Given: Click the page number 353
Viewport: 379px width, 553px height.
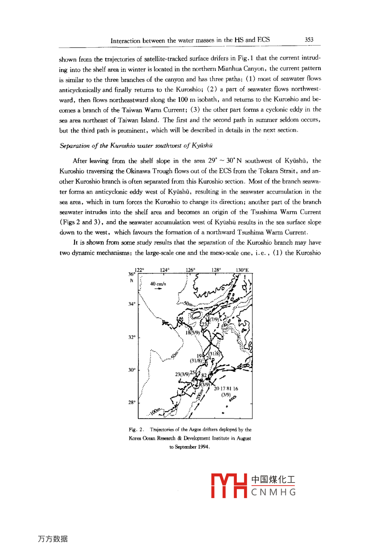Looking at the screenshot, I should pos(309,40).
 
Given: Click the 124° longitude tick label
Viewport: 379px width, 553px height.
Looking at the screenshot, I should pos(164,270).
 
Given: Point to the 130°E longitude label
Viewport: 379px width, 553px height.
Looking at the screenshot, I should pos(242,270).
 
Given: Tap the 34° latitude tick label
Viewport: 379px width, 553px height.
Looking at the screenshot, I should pos(132,304).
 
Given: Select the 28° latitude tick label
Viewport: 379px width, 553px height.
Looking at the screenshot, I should pos(132,403).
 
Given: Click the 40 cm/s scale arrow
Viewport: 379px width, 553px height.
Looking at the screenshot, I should pos(158,289).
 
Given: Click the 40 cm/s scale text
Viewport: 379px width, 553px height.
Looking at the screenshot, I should pos(158,284).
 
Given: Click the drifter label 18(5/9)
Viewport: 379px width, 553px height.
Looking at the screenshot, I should pos(192,333).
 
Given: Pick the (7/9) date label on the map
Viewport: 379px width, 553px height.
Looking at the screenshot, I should pos(214,319).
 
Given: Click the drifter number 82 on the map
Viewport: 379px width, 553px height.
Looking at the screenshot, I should pos(204,375).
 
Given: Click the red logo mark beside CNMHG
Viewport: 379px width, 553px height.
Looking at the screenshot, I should pos(229,486).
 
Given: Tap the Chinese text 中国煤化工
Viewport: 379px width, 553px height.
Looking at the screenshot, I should pos(273,480).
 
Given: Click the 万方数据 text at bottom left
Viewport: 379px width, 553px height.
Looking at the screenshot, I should pos(52,539).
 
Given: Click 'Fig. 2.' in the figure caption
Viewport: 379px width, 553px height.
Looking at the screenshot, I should pos(136,429).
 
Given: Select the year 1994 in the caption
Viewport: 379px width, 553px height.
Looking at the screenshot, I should pos(203,447).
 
